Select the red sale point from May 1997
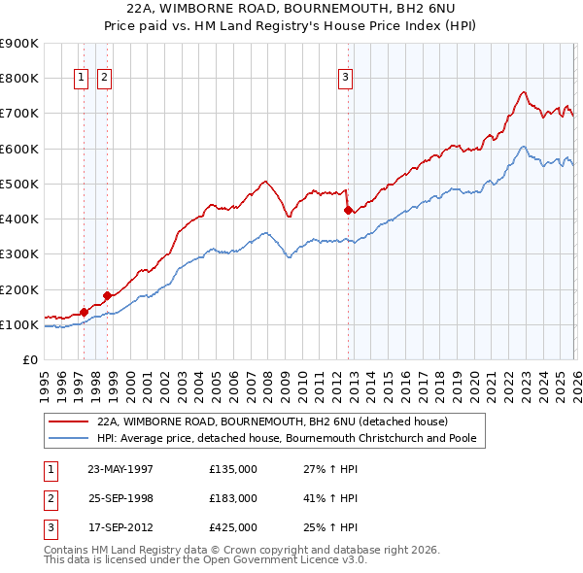tap(85, 312)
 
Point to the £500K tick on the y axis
tap(19, 184)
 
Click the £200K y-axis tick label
tap(19, 289)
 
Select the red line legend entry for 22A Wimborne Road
tap(271, 422)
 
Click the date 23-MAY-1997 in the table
tap(120, 469)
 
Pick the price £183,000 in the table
tap(233, 498)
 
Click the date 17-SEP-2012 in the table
tap(120, 527)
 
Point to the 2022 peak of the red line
tap(524, 92)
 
